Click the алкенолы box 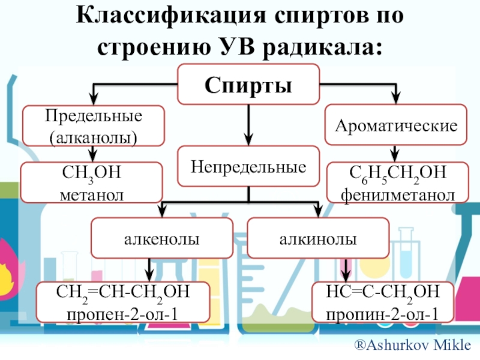point(161,239)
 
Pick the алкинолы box point(317,239)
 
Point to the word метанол point(92,193)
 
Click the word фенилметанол point(397,193)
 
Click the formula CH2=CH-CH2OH point(123,293)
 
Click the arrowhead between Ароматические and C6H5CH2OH point(395,155)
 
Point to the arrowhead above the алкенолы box point(161,212)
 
